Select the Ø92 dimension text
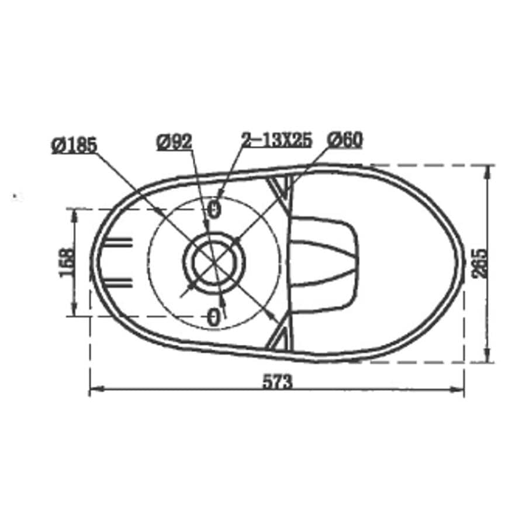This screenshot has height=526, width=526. pos(174,141)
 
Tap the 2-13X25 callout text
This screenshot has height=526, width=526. pos(277,140)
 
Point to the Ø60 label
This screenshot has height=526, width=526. pos(345,140)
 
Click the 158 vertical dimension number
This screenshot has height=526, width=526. pos(67,262)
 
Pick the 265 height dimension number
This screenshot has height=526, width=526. pos(479,264)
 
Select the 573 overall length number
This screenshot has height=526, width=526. pos(276,382)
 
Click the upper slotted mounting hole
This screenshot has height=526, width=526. pos(214,209)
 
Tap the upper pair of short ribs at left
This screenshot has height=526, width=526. pos(118,241)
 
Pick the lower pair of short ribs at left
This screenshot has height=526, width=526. pos(118,284)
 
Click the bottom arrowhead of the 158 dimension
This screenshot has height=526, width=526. pos(74,312)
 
